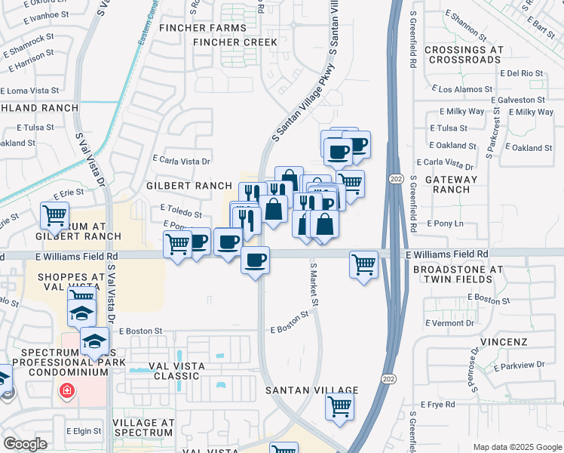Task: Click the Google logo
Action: tap(25, 444)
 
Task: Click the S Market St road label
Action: tap(314, 285)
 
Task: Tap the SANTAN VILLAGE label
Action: tap(311, 390)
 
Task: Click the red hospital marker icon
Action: tap(67, 390)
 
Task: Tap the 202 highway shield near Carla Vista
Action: tap(397, 177)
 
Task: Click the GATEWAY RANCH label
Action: tap(452, 185)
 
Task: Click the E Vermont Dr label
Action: tap(450, 322)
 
